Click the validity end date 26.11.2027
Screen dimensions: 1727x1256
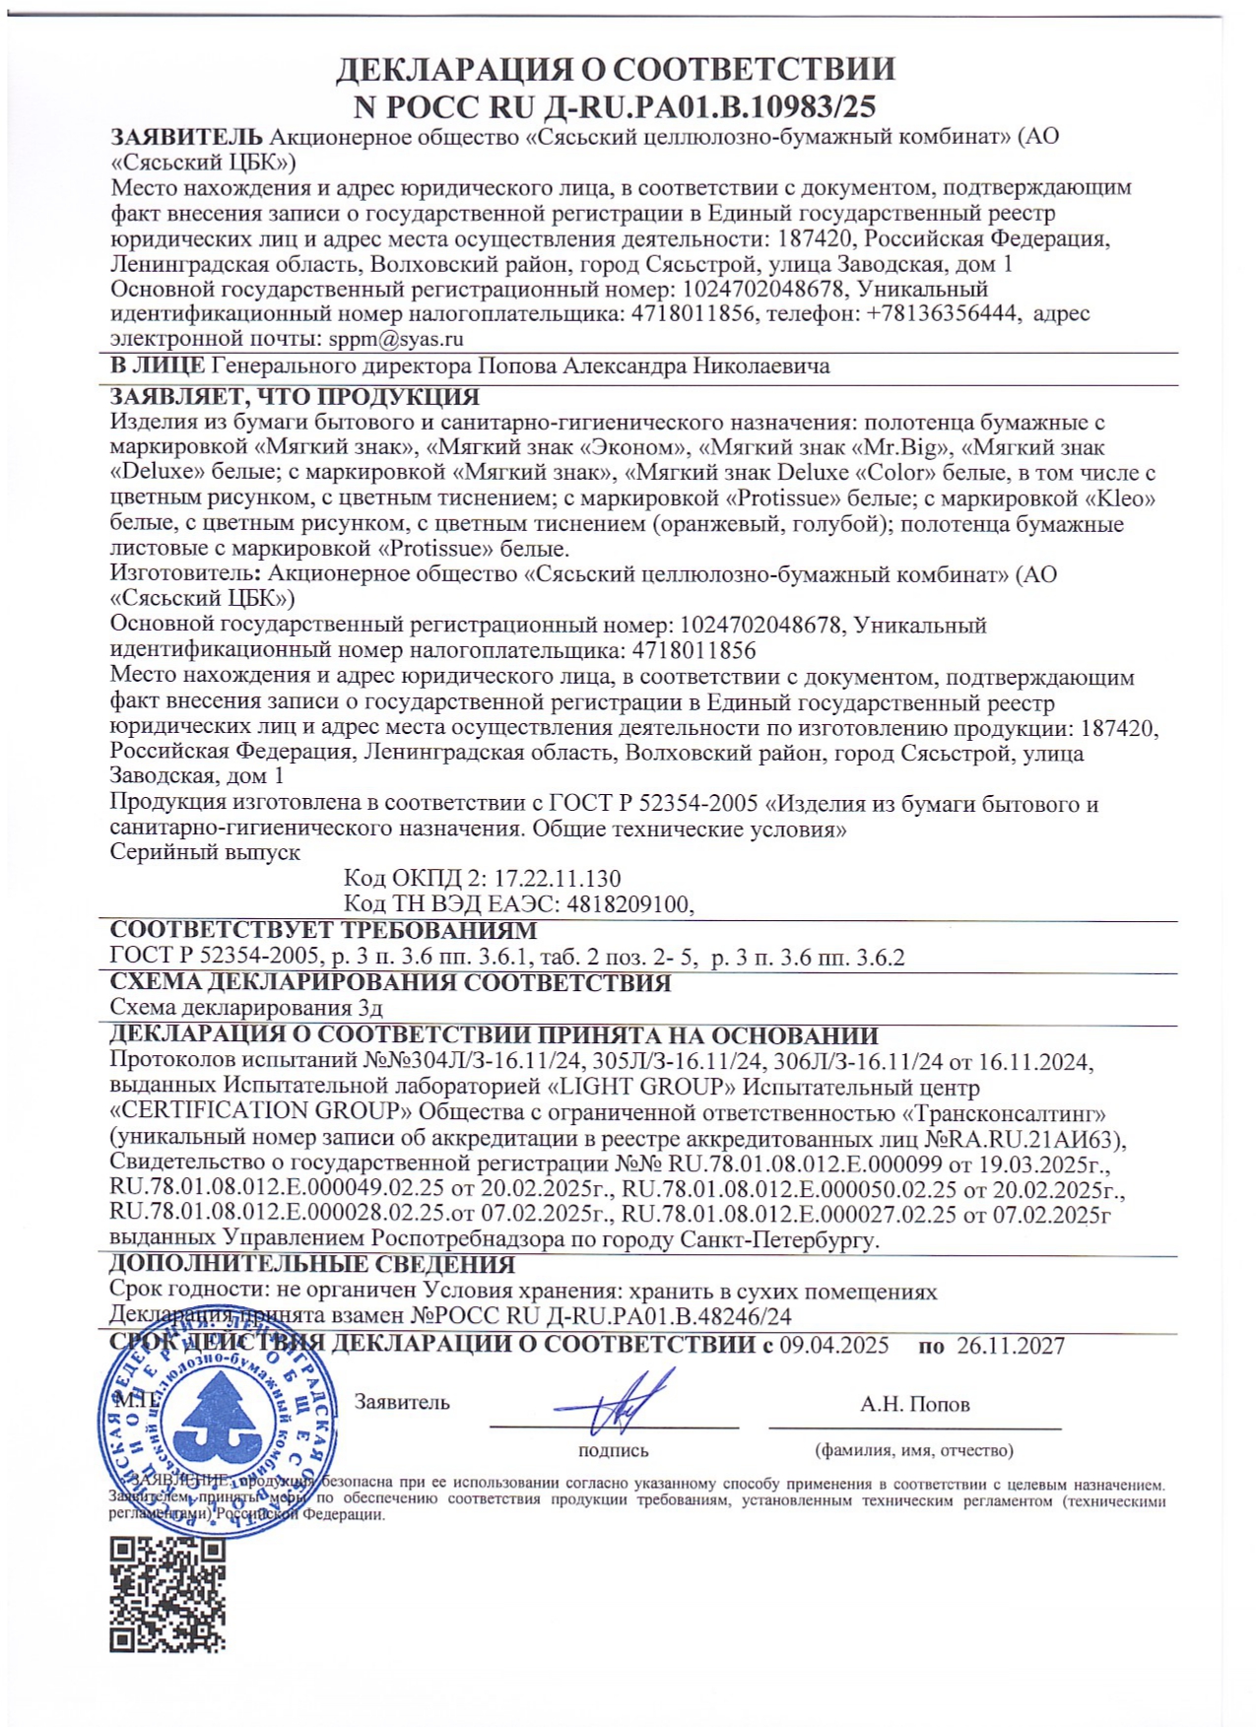click(x=1010, y=1346)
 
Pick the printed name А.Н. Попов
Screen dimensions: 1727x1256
click(x=914, y=1404)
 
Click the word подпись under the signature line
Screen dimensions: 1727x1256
click(x=613, y=1450)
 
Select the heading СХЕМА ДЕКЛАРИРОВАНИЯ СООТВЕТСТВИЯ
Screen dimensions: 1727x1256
click(x=390, y=982)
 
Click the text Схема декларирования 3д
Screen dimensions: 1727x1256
click(x=246, y=1008)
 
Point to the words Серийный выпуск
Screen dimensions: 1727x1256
click(x=205, y=852)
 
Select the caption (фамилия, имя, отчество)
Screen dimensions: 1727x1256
click(x=913, y=1450)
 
